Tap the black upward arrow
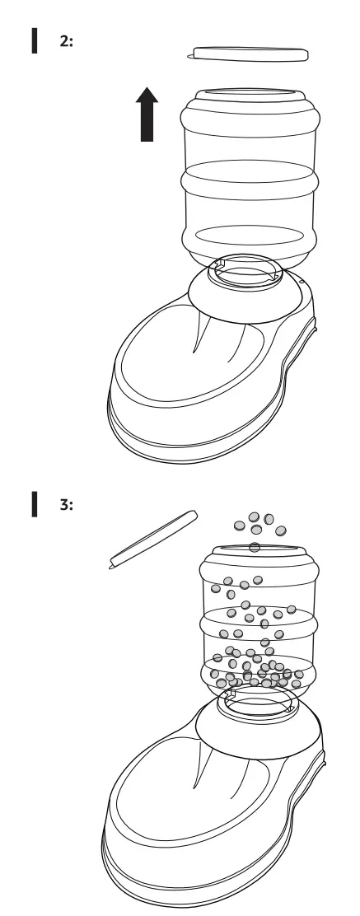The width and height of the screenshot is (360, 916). [147, 115]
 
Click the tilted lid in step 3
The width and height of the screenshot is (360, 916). [154, 539]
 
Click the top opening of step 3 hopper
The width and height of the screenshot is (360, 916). [255, 547]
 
